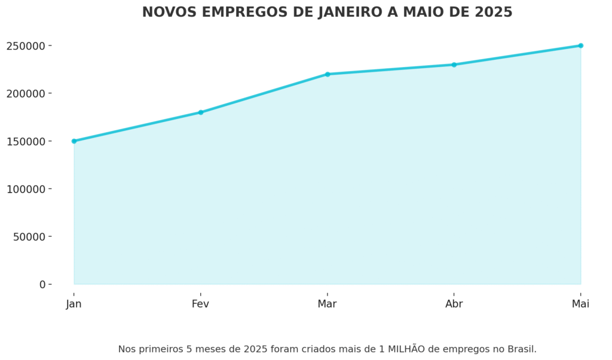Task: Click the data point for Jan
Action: coord(74,141)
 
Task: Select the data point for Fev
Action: coord(201,112)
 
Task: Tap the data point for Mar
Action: coord(328,74)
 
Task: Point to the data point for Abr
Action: coord(454,65)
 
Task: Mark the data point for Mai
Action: coord(580,45)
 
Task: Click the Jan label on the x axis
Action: coord(74,304)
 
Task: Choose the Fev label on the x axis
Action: coord(201,304)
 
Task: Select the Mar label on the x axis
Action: coord(328,304)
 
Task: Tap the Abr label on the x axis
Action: coord(454,304)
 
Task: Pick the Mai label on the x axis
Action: coord(580,304)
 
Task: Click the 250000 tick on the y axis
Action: coord(26,46)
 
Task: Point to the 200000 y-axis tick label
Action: coord(26,94)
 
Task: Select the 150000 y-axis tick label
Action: coord(26,141)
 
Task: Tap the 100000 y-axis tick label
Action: coord(26,189)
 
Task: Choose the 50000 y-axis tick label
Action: coord(29,237)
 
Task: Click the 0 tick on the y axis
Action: coord(42,285)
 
